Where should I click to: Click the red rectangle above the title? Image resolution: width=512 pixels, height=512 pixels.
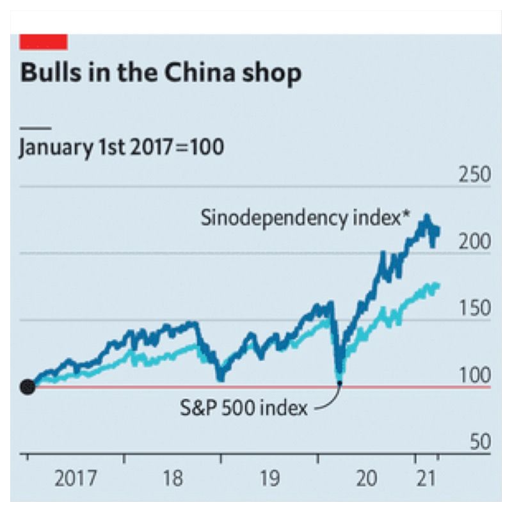pyautogui.click(x=44, y=42)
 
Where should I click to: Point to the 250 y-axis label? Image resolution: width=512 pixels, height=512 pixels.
pyautogui.click(x=474, y=175)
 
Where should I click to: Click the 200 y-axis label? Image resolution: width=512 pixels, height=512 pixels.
pyautogui.click(x=474, y=242)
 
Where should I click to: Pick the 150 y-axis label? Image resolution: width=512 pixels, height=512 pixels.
pyautogui.click(x=474, y=308)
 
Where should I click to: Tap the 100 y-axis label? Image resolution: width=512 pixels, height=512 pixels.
pyautogui.click(x=474, y=375)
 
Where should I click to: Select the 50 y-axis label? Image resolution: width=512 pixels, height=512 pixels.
pyautogui.click(x=477, y=442)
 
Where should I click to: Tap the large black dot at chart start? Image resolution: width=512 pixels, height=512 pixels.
pyautogui.click(x=27, y=387)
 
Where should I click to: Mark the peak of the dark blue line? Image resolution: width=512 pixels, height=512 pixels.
pyautogui.click(x=426, y=216)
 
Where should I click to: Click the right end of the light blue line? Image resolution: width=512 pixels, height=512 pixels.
pyautogui.click(x=438, y=285)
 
